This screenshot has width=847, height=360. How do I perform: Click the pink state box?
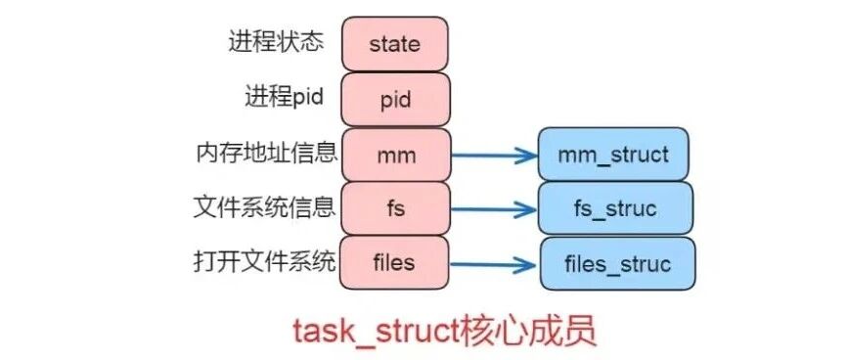[394, 44]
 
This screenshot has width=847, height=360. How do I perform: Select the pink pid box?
[395, 100]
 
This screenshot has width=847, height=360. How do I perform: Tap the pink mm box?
[396, 155]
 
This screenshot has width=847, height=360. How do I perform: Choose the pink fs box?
[396, 208]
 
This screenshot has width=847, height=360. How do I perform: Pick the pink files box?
[394, 263]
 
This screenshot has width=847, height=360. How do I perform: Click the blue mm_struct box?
[613, 154]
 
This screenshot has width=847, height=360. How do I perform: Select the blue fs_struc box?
[615, 208]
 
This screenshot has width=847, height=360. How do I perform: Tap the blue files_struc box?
[618, 263]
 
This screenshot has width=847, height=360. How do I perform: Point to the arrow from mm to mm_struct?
[494, 156]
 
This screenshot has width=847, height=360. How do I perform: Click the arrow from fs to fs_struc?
[493, 209]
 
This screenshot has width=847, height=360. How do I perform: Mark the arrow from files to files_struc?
[493, 264]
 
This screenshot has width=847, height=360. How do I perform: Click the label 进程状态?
[276, 42]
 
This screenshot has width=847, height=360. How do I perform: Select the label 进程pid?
[285, 97]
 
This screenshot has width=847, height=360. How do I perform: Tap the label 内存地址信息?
[267, 153]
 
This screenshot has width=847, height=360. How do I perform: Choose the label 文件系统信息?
[265, 207]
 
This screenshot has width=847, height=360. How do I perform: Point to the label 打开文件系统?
[265, 262]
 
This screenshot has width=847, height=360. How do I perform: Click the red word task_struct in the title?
[375, 331]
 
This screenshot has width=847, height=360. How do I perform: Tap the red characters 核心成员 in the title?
[526, 331]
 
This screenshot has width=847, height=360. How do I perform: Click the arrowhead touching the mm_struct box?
[525, 156]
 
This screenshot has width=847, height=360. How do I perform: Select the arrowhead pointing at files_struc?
[524, 265]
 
